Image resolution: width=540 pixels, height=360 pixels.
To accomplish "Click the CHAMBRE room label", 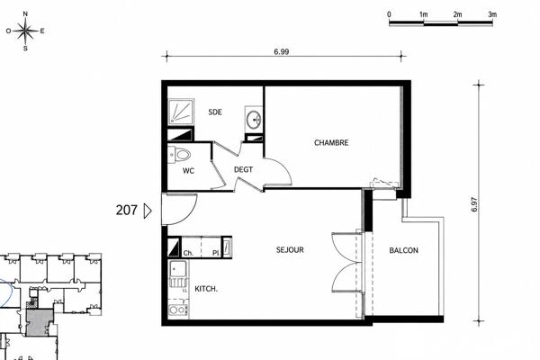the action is pos(331,142).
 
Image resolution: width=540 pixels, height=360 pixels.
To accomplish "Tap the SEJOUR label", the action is pos(290,250).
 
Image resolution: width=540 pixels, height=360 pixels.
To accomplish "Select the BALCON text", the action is pos(403,250).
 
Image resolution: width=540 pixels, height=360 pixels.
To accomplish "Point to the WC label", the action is pos(188,170).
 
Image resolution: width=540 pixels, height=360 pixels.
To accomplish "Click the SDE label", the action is pos(215,112).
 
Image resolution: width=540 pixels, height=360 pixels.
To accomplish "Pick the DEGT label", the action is pos(243,169).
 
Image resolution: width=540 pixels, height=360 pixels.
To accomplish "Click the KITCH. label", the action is pos(206,289).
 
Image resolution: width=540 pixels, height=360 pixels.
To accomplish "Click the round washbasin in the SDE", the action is pos(254,119).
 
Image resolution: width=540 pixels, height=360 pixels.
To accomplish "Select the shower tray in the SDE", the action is pos(181,112).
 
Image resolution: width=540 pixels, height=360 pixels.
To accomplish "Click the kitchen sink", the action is pos(178,274).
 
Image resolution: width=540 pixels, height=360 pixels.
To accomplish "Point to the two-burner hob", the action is pos(178,310).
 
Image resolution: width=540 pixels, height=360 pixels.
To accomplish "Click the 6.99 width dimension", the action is pos(282,52).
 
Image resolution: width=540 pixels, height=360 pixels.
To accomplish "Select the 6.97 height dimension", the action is pos(474,204).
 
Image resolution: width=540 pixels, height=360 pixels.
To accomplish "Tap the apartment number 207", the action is pos(126,210).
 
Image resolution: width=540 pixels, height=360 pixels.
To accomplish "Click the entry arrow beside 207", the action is pos(148,211).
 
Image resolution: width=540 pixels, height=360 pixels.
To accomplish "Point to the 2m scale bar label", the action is pos(458,14).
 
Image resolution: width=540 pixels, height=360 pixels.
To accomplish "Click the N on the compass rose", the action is pos(25,14).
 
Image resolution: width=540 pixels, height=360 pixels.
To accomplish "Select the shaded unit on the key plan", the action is pos(40,322).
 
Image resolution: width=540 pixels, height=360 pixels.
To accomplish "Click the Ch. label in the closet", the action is pos(188,253).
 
